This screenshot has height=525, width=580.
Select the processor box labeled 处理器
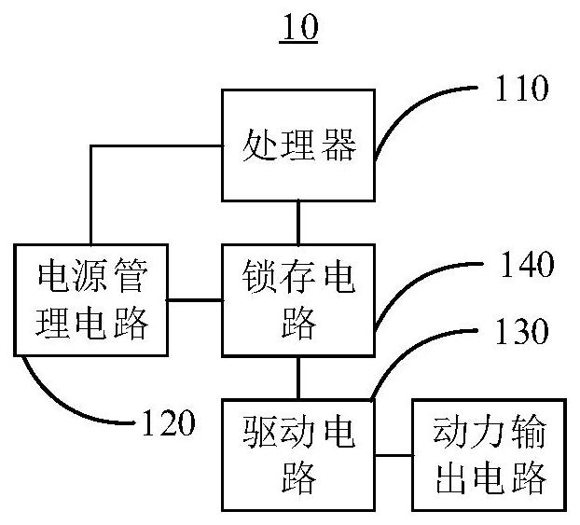pyautogui.click(x=298, y=145)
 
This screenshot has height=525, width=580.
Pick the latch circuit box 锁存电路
pyautogui.click(x=298, y=299)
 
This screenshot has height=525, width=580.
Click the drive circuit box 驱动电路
pyautogui.click(x=298, y=455)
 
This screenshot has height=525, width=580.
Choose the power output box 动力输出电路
pyautogui.click(x=490, y=455)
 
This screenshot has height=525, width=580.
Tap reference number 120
pyautogui.click(x=169, y=424)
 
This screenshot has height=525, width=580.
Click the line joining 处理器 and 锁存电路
pyautogui.click(x=298, y=222)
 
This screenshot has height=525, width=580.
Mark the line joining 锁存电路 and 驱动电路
pyautogui.click(x=298, y=377)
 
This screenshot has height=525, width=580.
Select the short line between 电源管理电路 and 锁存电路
pyautogui.click(x=195, y=299)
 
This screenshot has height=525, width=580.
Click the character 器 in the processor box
pyautogui.click(x=342, y=146)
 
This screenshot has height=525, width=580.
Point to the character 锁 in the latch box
pyautogui.click(x=255, y=278)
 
